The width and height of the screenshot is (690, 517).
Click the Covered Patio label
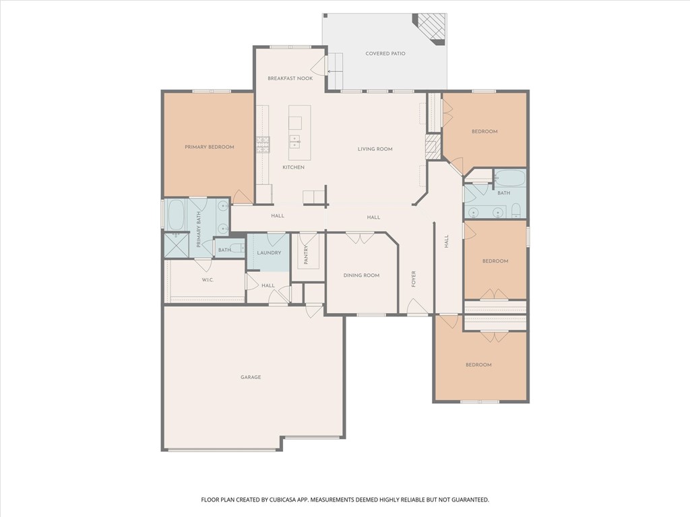[x=385, y=54]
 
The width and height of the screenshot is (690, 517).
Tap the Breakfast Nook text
[x=290, y=79]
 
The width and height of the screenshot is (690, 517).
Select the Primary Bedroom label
[x=210, y=147]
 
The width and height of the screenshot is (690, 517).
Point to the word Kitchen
[x=293, y=167]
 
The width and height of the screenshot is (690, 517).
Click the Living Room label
[x=375, y=149]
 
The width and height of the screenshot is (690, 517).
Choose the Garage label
[x=251, y=377]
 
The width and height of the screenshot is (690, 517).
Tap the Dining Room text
[x=362, y=275]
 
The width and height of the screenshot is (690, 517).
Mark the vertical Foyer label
[x=414, y=279]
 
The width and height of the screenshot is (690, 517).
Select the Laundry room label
[x=268, y=253]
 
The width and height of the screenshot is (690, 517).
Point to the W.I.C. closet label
[x=208, y=280]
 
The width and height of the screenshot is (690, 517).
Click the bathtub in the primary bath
[x=177, y=214]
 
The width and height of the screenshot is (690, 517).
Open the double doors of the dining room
[x=360, y=238]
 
